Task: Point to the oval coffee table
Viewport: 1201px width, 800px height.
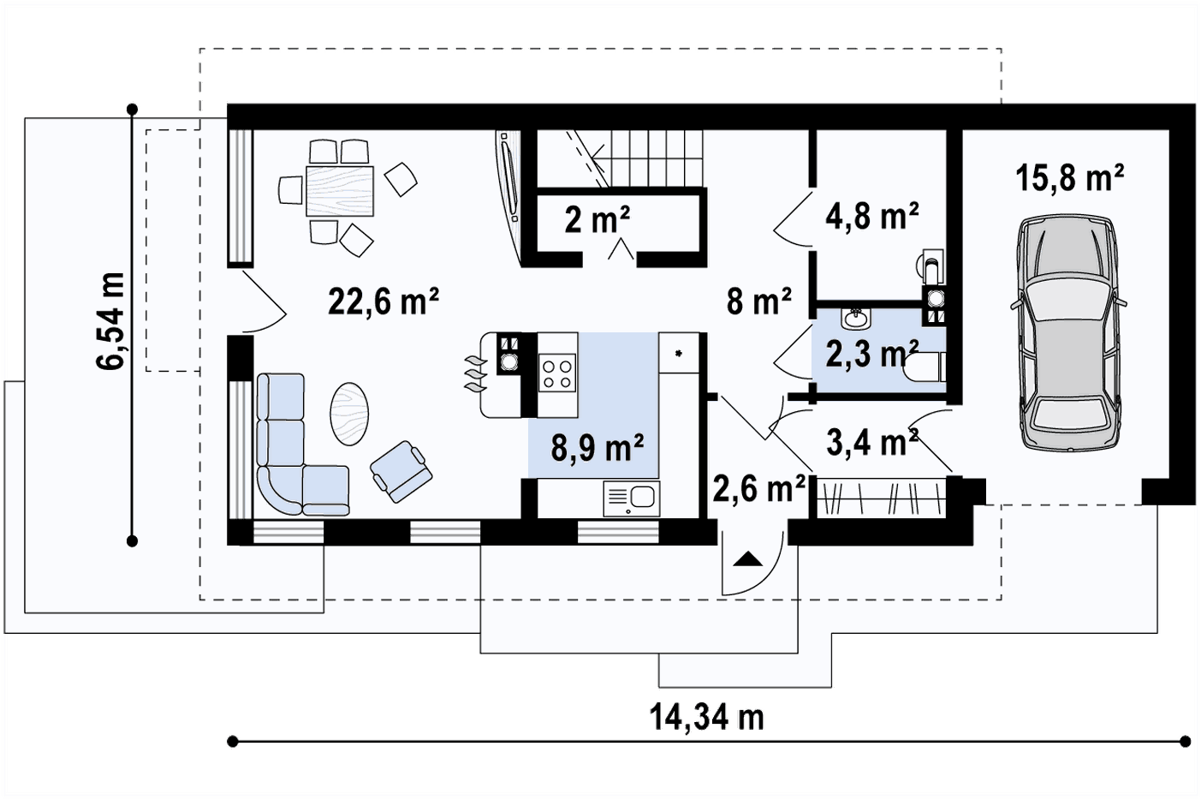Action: [x=349, y=413]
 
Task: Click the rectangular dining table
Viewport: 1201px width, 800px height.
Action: [x=339, y=190]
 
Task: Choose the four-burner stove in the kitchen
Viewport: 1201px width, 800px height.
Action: [x=557, y=373]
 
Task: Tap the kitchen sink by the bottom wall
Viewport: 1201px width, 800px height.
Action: [x=632, y=499]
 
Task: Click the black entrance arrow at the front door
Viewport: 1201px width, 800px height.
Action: [x=747, y=559]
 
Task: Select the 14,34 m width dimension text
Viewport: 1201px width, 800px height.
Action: [x=707, y=718]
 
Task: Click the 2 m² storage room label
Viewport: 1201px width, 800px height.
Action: [x=598, y=219]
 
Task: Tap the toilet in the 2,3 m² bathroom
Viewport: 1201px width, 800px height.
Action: [x=925, y=367]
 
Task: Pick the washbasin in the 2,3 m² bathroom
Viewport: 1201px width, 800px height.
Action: [x=856, y=318]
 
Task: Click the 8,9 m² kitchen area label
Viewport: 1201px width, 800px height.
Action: [x=598, y=448]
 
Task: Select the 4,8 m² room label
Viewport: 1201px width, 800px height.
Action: [x=871, y=216]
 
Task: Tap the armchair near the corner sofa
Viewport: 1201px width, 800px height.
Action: [x=401, y=472]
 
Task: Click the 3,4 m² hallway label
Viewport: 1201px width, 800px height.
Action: [x=872, y=442]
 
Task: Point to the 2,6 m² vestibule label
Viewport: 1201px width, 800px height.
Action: [x=758, y=489]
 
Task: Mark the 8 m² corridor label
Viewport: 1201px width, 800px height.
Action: [x=758, y=301]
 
